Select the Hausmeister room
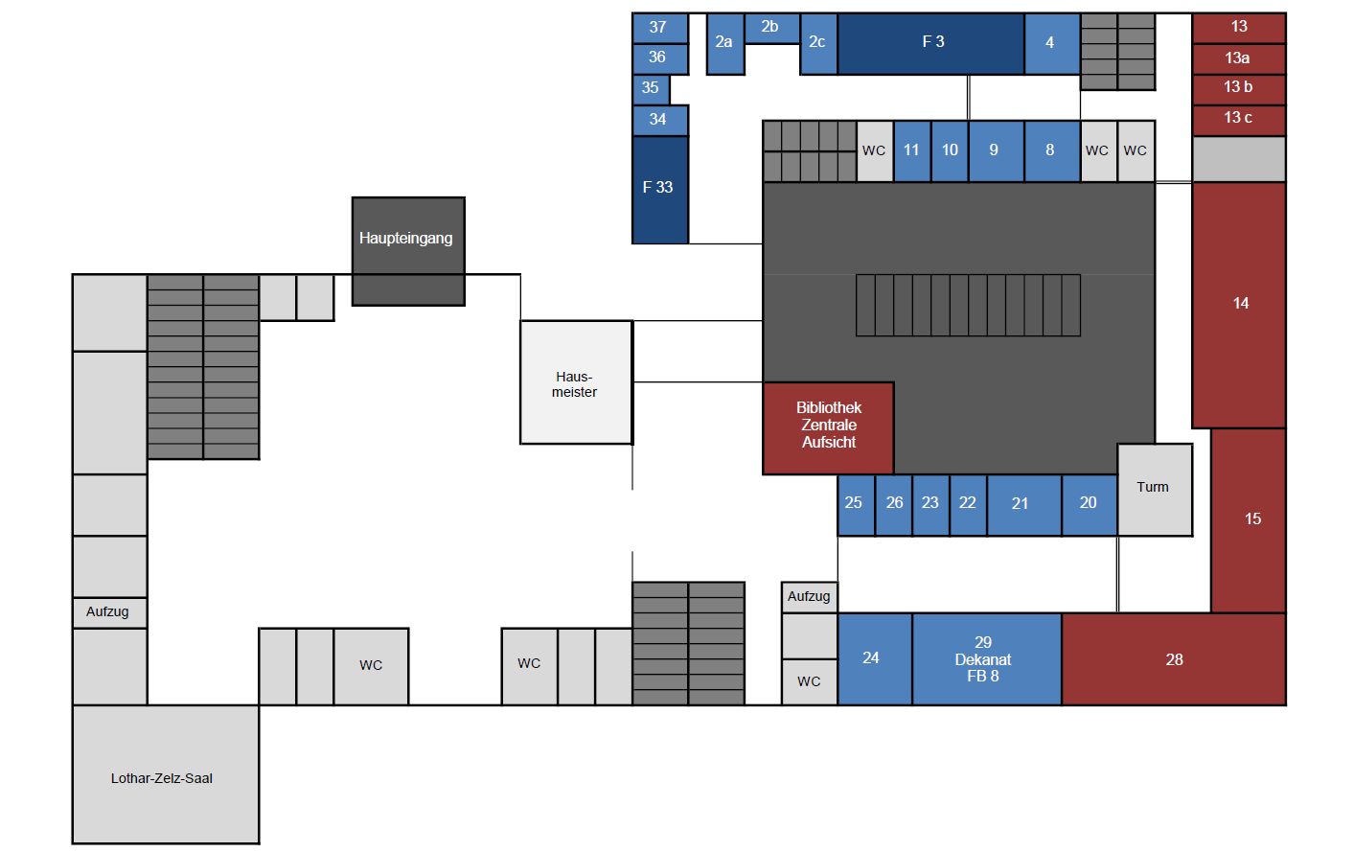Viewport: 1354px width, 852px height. pos(575,382)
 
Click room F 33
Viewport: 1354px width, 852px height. pos(659,189)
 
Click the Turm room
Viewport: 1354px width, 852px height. pos(1154,489)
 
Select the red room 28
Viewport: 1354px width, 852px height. pos(1174,659)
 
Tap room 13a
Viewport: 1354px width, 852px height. pos(1238,58)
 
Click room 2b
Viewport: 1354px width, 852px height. pos(770,28)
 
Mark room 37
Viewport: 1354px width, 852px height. pos(659,28)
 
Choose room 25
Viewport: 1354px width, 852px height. pos(855,504)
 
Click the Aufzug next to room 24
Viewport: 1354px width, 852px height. pos(809,597)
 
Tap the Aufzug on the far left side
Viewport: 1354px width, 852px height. pos(109,612)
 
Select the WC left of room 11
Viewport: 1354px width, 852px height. pos(874,151)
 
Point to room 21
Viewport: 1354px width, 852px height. pos(1022,504)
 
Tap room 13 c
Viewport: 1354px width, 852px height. pos(1238,119)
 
